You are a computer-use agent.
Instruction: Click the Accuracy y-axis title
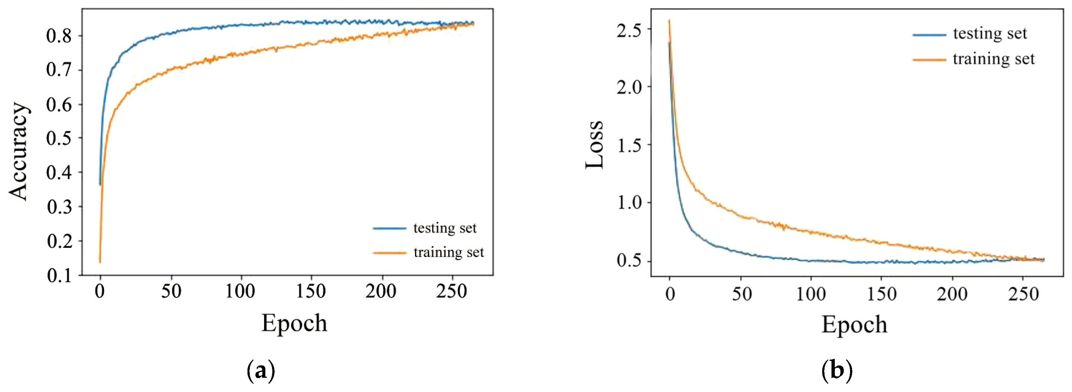[19, 151]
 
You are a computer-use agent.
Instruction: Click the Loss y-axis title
[594, 145]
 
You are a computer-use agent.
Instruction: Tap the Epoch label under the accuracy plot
[294, 323]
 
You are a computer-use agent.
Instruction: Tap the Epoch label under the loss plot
[854, 325]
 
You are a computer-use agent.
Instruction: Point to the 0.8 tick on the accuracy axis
[59, 36]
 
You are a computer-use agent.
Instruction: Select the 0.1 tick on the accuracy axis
[59, 275]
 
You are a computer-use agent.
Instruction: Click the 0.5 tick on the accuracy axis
[59, 139]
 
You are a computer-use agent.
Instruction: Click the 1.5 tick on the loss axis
[629, 145]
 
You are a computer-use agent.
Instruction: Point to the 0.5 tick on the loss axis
[629, 260]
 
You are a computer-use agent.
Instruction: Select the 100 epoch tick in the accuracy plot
[240, 291]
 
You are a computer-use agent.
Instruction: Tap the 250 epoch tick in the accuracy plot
[452, 291]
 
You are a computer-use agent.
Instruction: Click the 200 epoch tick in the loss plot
[952, 294]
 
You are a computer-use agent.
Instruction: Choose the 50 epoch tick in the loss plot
[742, 294]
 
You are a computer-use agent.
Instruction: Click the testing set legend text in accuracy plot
[445, 228]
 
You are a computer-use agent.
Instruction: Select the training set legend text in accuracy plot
[449, 252]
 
